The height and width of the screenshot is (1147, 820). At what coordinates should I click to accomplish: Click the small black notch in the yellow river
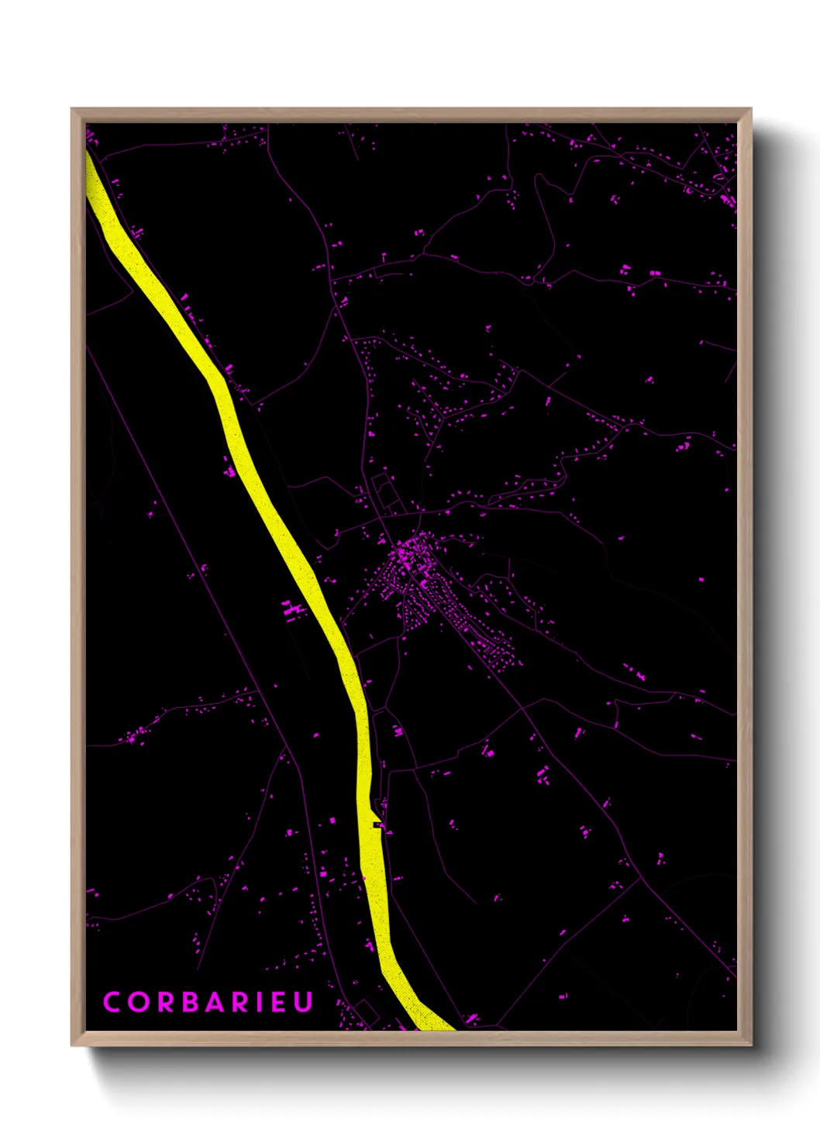[377, 825]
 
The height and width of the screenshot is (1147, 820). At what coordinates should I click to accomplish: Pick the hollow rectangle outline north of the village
[384, 492]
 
